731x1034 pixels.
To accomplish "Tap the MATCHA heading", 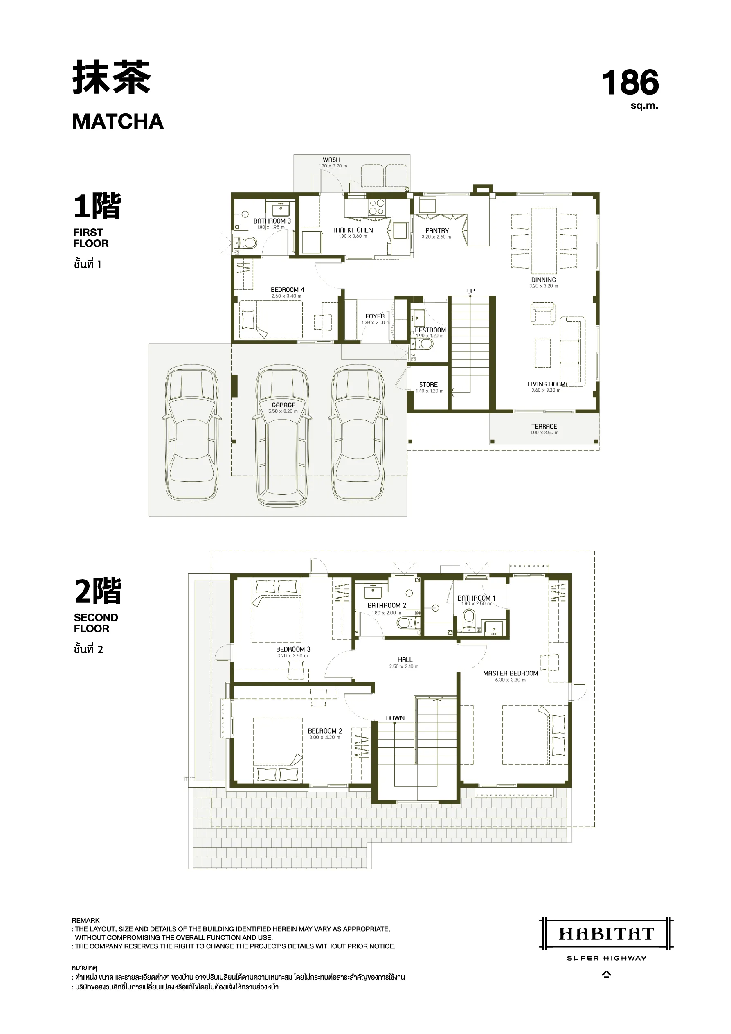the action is (118, 122).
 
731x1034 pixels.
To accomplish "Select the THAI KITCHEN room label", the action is (353, 230).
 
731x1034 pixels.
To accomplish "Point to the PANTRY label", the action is (437, 230).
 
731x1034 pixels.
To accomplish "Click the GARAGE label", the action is (283, 405).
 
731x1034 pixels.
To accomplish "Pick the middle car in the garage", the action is (283, 436).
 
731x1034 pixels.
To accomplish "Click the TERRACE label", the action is (544, 427).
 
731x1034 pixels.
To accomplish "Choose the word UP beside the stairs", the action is (471, 291).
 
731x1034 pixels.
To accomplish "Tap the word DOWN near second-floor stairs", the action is (395, 718).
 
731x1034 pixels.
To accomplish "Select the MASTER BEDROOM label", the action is (511, 673).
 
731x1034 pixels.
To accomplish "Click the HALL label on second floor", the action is (405, 660).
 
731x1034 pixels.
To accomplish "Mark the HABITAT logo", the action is (606, 934).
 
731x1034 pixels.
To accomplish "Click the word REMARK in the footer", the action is (85, 920).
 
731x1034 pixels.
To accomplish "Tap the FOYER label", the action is (375, 316).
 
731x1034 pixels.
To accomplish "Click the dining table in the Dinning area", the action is (544, 241).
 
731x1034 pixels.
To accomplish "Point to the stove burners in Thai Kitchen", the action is (376, 208).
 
